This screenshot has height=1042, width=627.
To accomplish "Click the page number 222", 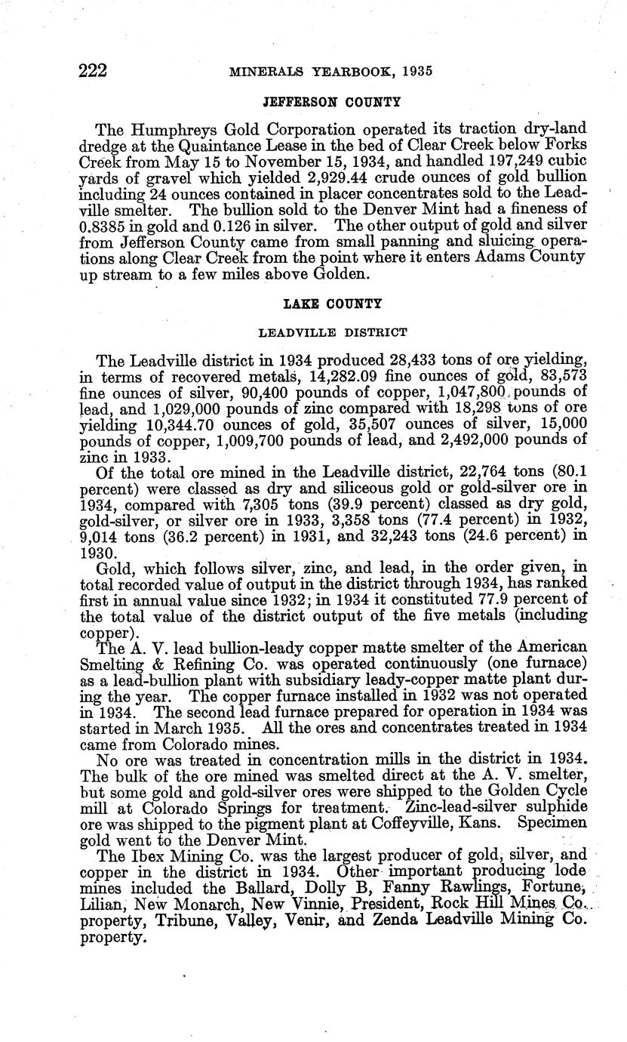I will click(x=94, y=71).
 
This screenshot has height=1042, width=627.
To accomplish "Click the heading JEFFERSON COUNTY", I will click(x=331, y=100).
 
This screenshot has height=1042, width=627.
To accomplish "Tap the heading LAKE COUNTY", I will click(x=332, y=304).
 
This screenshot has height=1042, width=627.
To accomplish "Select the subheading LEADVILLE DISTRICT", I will click(x=333, y=331).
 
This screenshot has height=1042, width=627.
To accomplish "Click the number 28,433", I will click(x=430, y=359).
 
